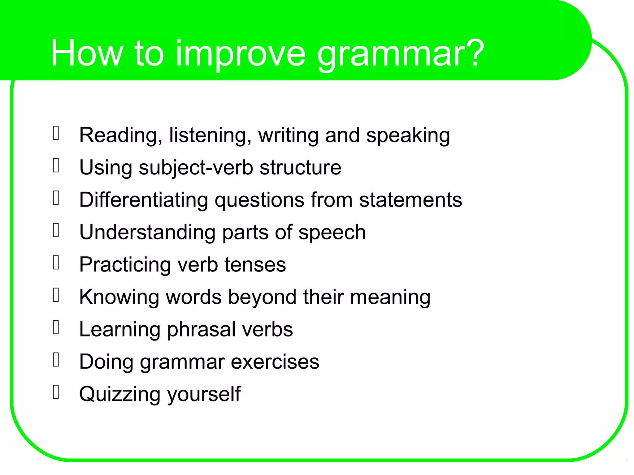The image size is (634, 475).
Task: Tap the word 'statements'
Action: pyautogui.click(x=410, y=200)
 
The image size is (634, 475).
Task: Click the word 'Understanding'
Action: pyautogui.click(x=147, y=232)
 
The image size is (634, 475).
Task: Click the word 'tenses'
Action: pyautogui.click(x=255, y=265)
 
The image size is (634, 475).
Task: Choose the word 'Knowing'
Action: pyautogui.click(x=119, y=297)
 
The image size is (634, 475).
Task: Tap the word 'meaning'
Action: pyautogui.click(x=390, y=297)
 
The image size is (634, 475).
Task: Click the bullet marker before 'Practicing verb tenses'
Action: pyautogui.click(x=56, y=263)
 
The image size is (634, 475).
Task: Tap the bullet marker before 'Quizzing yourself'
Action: pyautogui.click(x=56, y=392)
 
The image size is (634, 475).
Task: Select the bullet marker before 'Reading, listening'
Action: pyautogui.click(x=56, y=133)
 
